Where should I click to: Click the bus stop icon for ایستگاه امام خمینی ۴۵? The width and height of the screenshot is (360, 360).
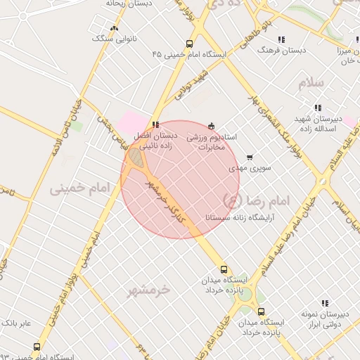tap(188, 43)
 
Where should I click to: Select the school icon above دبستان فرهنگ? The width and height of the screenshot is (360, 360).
tap(281, 39)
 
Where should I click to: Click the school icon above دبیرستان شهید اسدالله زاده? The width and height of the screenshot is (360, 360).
tap(318, 108)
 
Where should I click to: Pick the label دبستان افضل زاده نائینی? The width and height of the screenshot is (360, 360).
tap(155, 141)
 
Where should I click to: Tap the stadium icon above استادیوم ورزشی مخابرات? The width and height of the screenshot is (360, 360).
tap(212, 125)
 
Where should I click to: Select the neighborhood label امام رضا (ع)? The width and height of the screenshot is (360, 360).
tap(255, 201)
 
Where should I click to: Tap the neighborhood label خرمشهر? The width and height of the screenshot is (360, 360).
tap(150, 289)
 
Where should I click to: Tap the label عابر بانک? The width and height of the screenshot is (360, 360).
tap(15, 323)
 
